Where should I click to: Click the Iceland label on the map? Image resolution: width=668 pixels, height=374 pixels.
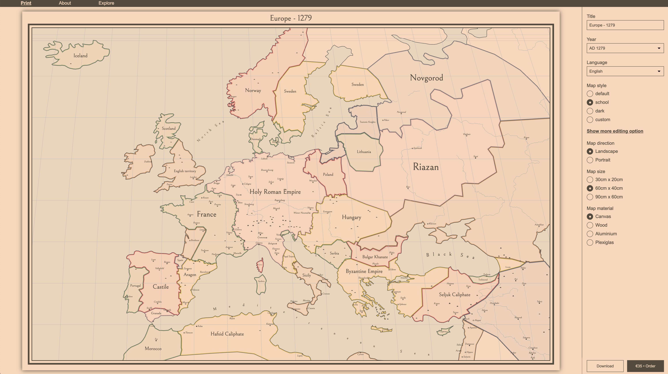[80, 56]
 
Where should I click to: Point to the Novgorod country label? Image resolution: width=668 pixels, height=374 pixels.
[426, 78]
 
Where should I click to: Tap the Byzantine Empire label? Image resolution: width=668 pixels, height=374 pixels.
[364, 271]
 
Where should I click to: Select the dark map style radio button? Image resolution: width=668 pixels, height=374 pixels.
[590, 111]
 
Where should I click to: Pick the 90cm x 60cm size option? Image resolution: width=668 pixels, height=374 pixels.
[590, 197]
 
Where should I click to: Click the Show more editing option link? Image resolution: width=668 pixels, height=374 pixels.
[615, 131]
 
